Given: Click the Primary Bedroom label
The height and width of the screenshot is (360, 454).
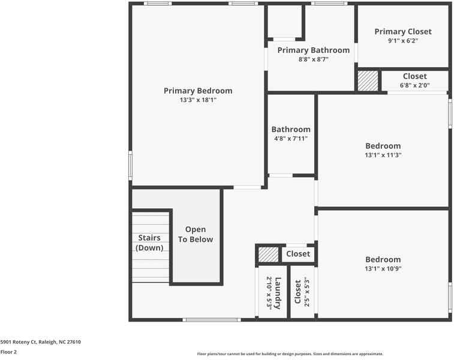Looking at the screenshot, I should [198, 91].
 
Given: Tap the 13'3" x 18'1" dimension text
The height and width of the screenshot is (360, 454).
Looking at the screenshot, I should [198, 100].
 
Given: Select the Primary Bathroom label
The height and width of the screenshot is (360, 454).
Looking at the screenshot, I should [313, 50].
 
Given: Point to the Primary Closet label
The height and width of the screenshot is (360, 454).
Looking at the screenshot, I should [402, 32].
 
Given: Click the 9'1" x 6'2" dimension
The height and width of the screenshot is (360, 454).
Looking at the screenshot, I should [402, 41].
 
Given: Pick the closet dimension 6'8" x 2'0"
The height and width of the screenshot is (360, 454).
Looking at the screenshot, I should [414, 85].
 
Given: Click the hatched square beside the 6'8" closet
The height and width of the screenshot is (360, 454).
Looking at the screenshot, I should [368, 81].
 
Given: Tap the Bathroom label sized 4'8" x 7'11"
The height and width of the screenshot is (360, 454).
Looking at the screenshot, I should [291, 129].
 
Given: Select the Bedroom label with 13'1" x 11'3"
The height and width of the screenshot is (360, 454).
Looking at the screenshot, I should [383, 146].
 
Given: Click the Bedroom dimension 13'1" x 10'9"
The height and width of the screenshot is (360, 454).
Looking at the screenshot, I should [383, 269].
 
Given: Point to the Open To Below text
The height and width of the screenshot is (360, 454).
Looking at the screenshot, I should [196, 234].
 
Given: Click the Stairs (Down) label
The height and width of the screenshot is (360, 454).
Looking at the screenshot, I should [149, 242].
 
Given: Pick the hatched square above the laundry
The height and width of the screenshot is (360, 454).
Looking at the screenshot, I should [269, 254].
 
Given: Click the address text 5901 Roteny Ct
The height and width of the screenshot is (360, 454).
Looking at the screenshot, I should [40, 342].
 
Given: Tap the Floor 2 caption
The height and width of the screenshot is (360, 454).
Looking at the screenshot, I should [8, 352].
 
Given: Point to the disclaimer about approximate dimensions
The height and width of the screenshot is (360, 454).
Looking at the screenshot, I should [290, 354].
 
